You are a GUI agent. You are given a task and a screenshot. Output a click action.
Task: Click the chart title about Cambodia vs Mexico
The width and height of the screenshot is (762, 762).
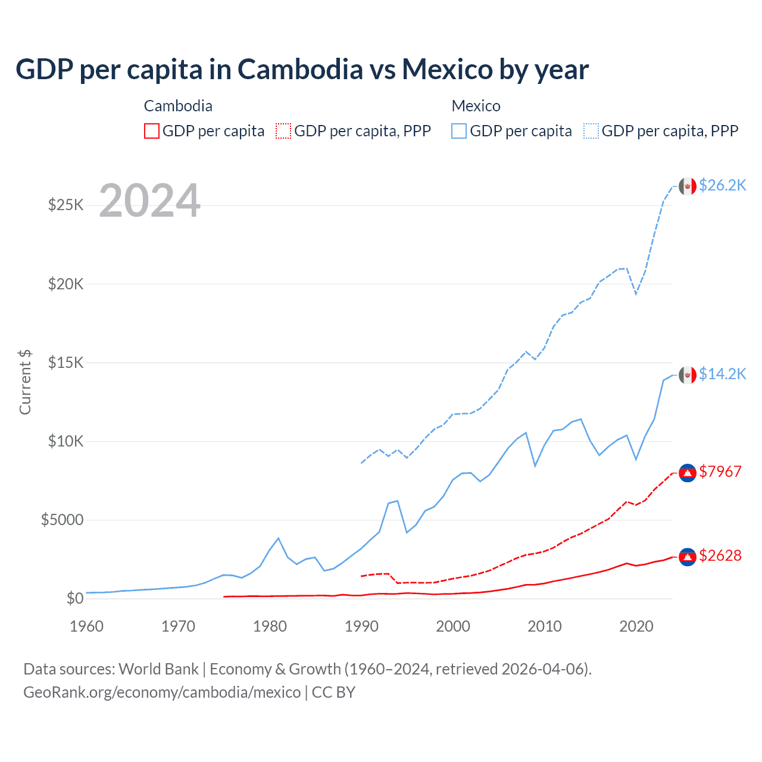(x=302, y=69)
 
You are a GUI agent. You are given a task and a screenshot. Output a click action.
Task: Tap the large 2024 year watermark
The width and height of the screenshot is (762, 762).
(x=149, y=201)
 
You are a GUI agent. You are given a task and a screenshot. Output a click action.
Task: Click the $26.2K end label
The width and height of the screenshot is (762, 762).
(x=722, y=186)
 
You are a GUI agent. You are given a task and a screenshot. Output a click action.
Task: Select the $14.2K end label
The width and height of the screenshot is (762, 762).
(x=722, y=374)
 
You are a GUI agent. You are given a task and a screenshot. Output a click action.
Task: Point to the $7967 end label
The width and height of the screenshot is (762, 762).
(x=720, y=471)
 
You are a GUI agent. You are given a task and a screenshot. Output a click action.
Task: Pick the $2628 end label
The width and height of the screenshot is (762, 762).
(x=720, y=555)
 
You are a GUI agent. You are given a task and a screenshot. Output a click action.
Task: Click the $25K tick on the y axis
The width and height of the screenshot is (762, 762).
(x=65, y=205)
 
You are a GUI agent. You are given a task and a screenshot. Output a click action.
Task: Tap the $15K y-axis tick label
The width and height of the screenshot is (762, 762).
(x=65, y=363)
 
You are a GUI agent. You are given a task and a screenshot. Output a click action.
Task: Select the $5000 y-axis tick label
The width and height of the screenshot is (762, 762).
(x=62, y=520)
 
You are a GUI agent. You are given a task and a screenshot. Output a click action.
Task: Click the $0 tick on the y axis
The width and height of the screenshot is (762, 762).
(x=74, y=598)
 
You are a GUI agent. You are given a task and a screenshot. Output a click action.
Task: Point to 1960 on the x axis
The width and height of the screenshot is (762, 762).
(x=87, y=626)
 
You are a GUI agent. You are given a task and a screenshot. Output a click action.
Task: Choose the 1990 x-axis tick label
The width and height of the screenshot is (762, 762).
(x=361, y=626)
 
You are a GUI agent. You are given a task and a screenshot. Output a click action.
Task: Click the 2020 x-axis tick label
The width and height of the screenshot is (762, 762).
(x=636, y=626)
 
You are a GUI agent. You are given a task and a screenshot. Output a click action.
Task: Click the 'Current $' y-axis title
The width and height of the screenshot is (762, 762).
(x=25, y=382)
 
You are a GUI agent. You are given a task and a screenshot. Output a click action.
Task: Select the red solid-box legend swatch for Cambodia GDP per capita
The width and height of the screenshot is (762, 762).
(x=152, y=131)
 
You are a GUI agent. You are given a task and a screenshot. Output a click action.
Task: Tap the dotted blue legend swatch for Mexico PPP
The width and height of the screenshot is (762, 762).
(x=591, y=131)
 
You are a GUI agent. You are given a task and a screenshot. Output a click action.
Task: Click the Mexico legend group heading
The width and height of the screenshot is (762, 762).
(x=476, y=106)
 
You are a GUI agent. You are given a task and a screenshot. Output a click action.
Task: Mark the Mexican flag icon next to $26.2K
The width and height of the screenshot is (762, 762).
(x=688, y=186)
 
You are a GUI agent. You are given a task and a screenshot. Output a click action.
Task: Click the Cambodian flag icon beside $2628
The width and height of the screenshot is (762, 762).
(x=688, y=556)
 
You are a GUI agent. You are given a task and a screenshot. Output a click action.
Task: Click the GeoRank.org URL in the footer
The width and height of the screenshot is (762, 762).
(x=162, y=692)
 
